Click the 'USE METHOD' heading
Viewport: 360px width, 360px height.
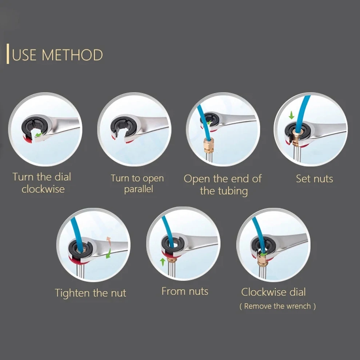(57, 55)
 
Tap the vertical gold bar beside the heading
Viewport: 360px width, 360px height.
(8, 54)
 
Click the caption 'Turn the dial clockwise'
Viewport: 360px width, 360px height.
(42, 183)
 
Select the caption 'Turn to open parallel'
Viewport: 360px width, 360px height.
(137, 183)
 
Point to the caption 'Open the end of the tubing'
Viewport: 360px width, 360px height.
(223, 185)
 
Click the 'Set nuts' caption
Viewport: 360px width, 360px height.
(314, 179)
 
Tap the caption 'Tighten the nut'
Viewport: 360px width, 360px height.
(91, 293)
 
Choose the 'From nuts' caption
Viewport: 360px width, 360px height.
(185, 291)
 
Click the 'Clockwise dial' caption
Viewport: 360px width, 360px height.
(273, 292)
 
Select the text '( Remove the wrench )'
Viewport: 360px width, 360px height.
(277, 306)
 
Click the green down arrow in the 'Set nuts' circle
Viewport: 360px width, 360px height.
(291, 115)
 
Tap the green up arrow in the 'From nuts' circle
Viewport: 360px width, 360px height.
(163, 262)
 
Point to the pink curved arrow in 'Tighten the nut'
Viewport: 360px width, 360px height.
(108, 241)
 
